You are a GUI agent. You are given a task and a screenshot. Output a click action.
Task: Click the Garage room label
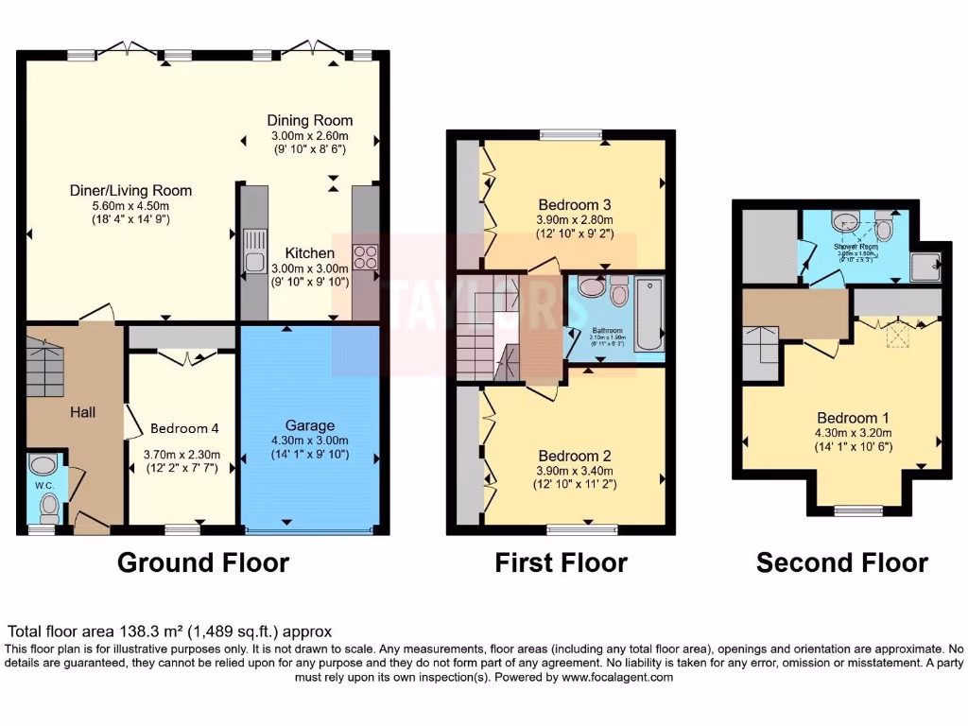point(310,425)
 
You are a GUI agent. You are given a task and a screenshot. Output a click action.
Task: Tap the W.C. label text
point(43,487)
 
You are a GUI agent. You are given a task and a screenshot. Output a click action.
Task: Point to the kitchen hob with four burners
point(365,255)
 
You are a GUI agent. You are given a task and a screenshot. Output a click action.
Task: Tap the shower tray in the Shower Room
point(926,267)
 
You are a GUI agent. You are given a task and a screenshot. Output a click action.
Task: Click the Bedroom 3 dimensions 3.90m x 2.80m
point(574,219)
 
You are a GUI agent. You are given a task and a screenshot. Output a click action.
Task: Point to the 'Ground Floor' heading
point(202,563)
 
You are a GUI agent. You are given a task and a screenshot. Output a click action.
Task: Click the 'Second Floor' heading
point(841,563)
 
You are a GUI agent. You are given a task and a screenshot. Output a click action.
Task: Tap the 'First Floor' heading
point(561,563)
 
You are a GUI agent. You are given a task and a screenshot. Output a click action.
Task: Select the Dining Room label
point(309,120)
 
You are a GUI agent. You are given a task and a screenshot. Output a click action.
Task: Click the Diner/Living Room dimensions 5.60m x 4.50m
point(130,206)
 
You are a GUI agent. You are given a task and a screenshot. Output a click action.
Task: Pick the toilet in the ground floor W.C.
point(49,510)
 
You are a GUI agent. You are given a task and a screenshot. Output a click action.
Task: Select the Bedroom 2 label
point(574,455)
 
